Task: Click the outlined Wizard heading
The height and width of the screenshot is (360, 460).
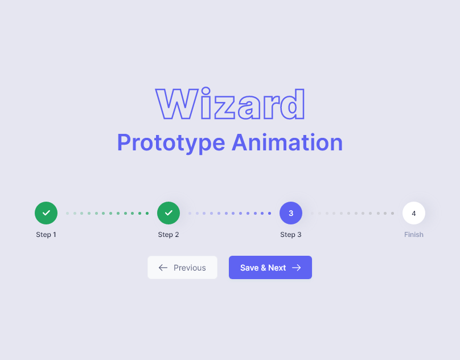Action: click(230, 104)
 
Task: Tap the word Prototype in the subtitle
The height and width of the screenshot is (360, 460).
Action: click(171, 142)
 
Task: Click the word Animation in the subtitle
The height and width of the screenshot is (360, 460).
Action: click(287, 142)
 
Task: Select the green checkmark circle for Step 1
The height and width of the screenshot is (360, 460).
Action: click(46, 213)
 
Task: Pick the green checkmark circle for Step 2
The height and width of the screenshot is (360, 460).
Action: click(169, 213)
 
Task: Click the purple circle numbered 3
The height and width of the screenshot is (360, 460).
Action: click(291, 213)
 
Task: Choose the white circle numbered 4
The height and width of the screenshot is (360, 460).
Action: click(414, 213)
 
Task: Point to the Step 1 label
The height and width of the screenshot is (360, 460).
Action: click(46, 235)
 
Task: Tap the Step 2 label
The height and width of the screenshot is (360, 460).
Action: click(169, 235)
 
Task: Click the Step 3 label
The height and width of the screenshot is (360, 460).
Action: click(291, 235)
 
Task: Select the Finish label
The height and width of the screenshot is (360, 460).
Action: click(414, 235)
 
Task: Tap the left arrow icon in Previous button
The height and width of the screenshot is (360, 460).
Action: click(163, 268)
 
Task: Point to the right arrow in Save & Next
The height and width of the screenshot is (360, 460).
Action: click(296, 268)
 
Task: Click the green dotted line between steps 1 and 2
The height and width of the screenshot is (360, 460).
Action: click(107, 213)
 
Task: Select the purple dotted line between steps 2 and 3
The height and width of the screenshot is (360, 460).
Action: click(229, 213)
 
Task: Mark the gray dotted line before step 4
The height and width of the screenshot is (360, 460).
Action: click(352, 213)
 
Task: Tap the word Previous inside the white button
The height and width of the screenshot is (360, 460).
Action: click(190, 268)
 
